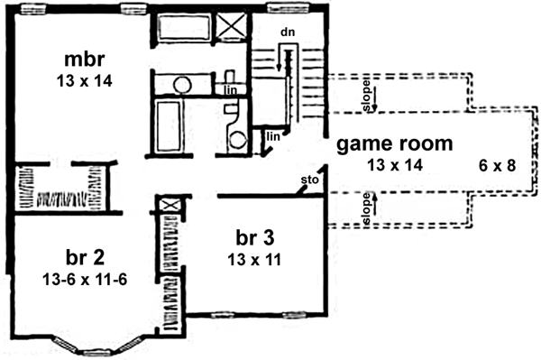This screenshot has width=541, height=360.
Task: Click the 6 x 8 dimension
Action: pyautogui.click(x=498, y=165)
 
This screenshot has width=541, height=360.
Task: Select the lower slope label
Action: pyautogui.click(x=367, y=209)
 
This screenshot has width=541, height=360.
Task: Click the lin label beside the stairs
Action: pyautogui.click(x=274, y=137)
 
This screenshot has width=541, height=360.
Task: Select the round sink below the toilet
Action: pyautogui.click(x=238, y=139)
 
